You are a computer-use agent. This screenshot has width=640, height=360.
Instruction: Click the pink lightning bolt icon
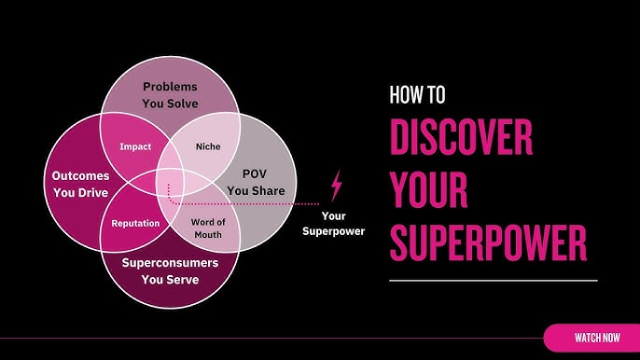(x=336, y=186)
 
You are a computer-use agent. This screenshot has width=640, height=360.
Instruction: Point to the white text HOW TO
(x=417, y=94)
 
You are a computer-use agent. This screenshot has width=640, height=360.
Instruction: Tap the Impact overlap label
(x=135, y=146)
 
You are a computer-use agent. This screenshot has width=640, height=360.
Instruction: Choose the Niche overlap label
(x=207, y=146)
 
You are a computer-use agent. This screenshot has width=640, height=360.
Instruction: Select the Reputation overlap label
(x=136, y=224)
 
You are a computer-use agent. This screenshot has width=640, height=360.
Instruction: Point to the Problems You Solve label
(x=171, y=94)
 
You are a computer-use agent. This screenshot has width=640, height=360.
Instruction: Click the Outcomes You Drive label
(x=81, y=183)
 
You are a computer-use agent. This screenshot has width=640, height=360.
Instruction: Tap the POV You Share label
(x=255, y=183)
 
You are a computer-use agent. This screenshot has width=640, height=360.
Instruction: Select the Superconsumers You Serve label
(x=171, y=270)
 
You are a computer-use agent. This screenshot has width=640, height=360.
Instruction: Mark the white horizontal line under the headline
(x=493, y=281)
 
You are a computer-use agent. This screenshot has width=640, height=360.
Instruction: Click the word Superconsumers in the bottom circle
(x=171, y=263)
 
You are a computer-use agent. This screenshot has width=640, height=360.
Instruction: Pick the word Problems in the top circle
(x=171, y=87)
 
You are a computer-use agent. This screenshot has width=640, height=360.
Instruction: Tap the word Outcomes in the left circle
(x=81, y=175)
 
